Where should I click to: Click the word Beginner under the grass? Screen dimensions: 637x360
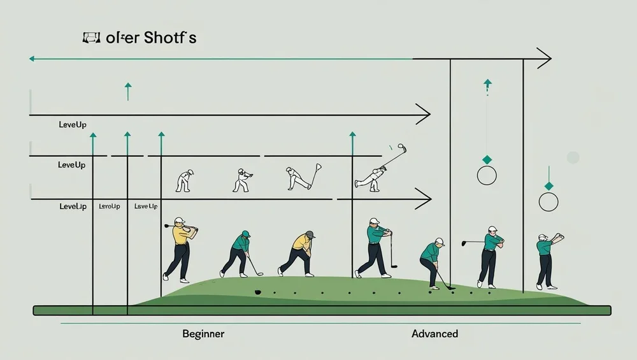click(x=203, y=334)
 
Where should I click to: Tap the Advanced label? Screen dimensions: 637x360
click(x=434, y=334)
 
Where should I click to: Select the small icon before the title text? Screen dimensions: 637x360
click(x=92, y=38)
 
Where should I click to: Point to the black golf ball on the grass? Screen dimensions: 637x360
click(x=258, y=292)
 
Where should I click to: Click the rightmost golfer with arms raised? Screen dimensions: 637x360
click(x=546, y=258)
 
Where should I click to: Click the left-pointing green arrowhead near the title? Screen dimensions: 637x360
click(x=31, y=59)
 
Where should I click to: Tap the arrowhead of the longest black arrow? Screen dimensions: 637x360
click(x=544, y=59)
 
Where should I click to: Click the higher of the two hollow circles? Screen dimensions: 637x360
click(x=486, y=175)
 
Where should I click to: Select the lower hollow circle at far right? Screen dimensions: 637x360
click(x=548, y=203)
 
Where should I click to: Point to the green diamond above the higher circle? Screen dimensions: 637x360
click(x=487, y=159)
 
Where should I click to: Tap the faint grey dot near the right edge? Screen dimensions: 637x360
click(x=573, y=157)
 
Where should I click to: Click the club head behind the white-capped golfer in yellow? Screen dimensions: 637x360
click(x=167, y=225)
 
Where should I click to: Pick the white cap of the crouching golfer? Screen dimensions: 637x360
click(x=439, y=241)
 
